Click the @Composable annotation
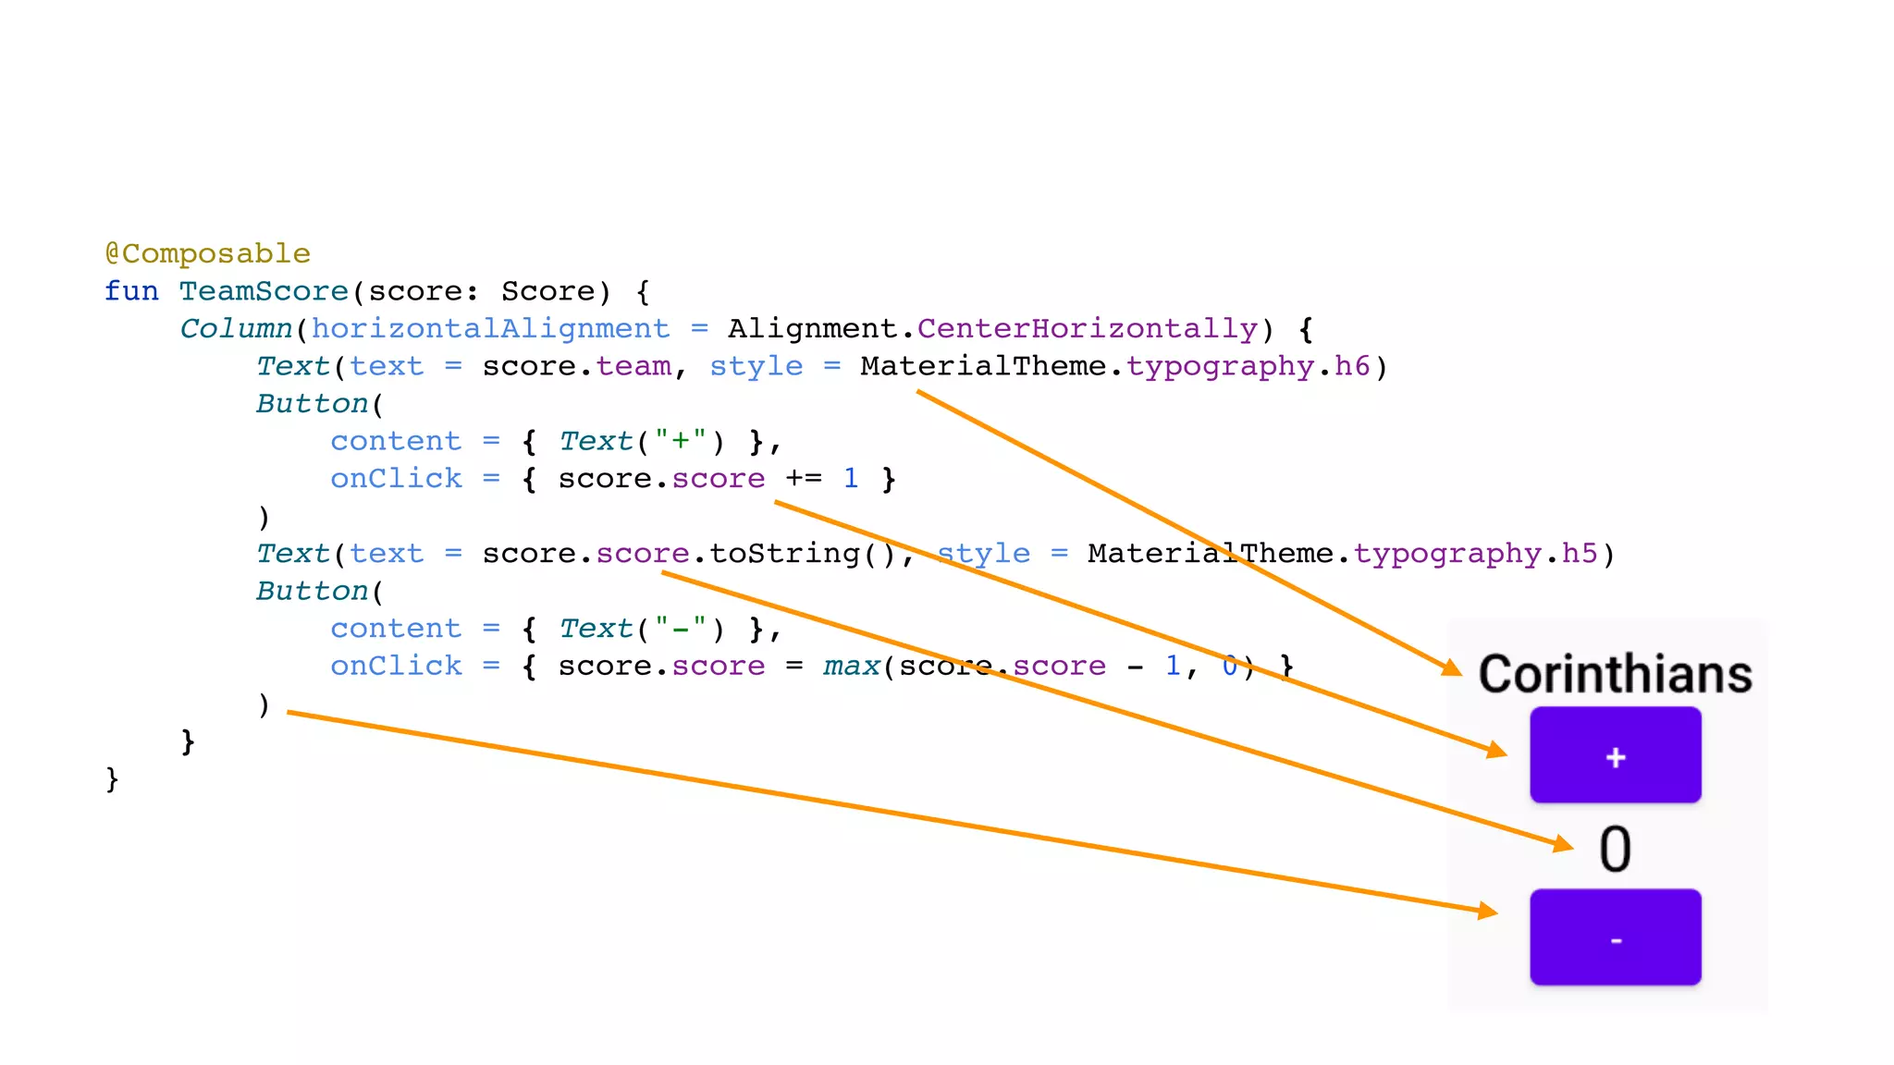pos(207,253)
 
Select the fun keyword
pos(131,291)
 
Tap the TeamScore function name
pos(264,291)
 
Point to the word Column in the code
pos(236,329)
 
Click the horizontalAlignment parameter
pos(490,329)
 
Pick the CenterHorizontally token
pos(1087,329)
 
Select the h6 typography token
pos(1352,366)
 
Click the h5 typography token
pos(1580,554)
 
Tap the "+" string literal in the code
pos(681,441)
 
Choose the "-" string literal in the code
pos(681,629)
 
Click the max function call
pos(851,666)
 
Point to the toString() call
pos(803,554)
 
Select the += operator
pos(804,479)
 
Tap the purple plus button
pos(1615,755)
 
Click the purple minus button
pos(1615,937)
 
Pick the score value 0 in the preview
pos(1615,849)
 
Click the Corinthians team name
pos(1615,674)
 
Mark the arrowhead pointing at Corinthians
pos(1452,667)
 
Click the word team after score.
pos(633,366)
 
